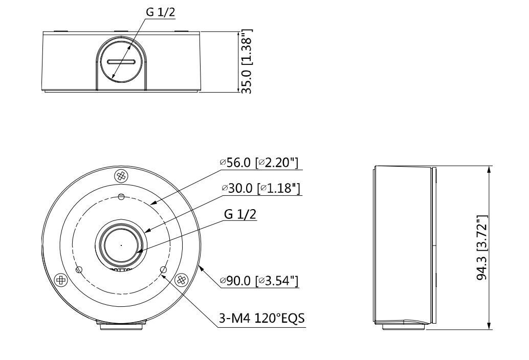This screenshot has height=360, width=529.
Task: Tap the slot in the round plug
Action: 121,62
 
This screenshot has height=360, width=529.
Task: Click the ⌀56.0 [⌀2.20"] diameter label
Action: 259,163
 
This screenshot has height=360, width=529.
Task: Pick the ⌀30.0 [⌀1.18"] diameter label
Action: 261,188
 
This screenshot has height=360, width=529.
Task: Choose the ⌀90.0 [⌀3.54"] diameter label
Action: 261,281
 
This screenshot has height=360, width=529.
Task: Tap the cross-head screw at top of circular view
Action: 121,175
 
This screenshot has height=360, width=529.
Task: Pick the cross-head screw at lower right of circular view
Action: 180,280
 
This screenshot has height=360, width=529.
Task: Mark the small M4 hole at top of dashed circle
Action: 121,197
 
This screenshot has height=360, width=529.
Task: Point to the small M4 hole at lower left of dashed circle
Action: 79,269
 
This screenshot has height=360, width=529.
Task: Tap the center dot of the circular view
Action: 121,245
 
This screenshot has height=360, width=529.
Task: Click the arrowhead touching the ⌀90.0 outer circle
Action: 201,268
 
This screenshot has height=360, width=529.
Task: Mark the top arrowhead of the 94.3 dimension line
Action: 490,169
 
